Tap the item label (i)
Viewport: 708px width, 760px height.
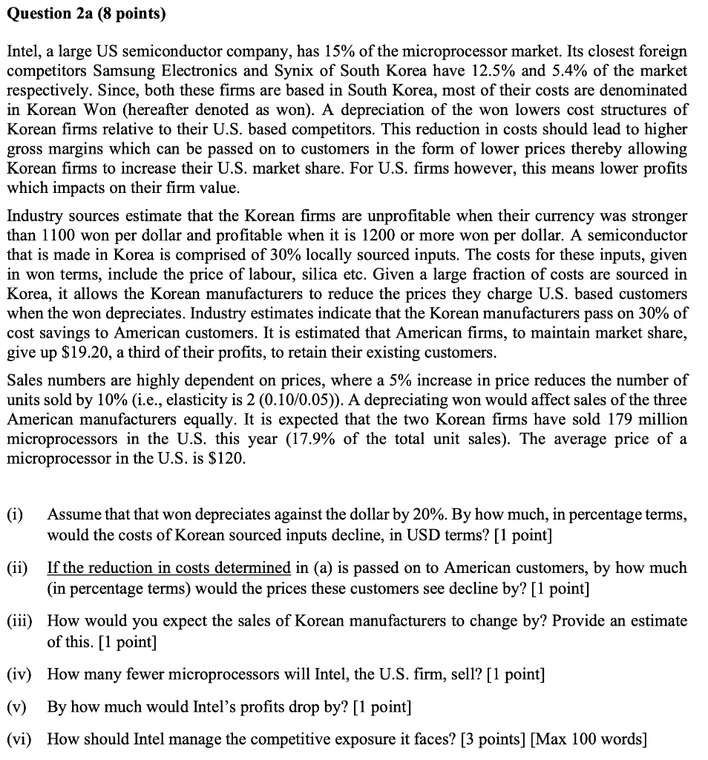click(x=16, y=515)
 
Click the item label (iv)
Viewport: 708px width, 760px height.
click(x=19, y=674)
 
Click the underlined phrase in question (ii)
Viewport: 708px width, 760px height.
click(x=168, y=568)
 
